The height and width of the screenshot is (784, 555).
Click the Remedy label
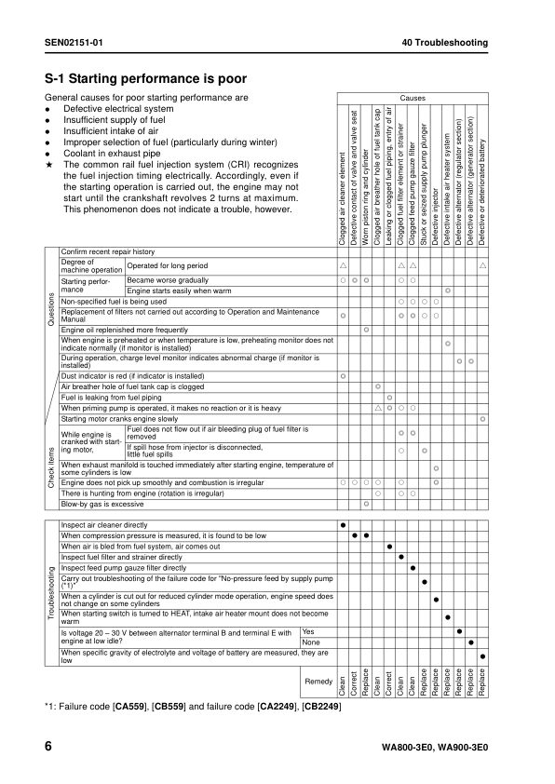tap(318, 682)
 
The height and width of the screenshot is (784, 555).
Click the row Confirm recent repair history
tap(107, 252)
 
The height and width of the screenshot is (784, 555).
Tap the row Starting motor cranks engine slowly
tap(119, 419)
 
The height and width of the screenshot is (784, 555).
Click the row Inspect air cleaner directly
tap(104, 525)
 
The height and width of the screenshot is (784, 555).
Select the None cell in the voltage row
tap(311, 642)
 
